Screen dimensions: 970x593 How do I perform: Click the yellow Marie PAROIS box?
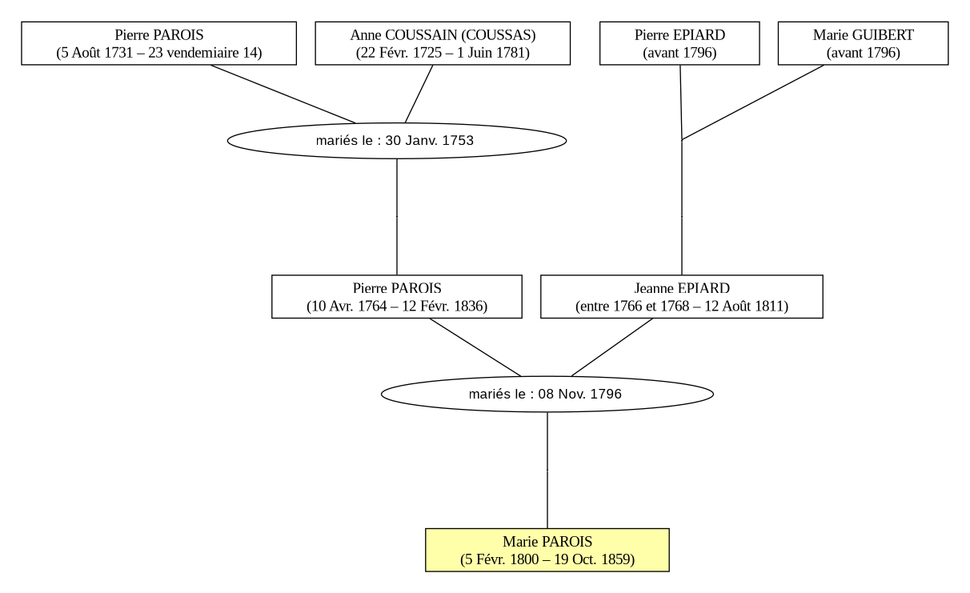click(547, 550)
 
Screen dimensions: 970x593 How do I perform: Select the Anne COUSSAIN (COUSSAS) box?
click(443, 43)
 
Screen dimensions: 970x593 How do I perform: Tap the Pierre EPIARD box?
click(679, 43)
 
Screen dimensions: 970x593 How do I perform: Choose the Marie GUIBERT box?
click(863, 43)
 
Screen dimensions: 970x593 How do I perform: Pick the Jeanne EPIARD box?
click(682, 296)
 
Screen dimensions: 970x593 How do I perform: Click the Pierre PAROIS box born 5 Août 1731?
click(159, 43)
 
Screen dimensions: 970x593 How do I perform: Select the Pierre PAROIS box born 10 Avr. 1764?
click(397, 296)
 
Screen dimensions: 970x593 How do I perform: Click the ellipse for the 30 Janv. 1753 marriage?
click(397, 141)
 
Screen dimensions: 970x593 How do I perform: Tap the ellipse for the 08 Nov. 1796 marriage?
click(547, 394)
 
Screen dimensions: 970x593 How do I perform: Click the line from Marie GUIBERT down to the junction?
click(752, 102)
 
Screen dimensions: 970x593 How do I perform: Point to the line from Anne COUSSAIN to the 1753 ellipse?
click(419, 94)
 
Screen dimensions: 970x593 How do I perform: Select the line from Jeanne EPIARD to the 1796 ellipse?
click(612, 347)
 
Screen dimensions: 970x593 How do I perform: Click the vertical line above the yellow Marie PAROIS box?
click(547, 470)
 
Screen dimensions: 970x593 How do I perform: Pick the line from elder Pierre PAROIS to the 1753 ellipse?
click(283, 94)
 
